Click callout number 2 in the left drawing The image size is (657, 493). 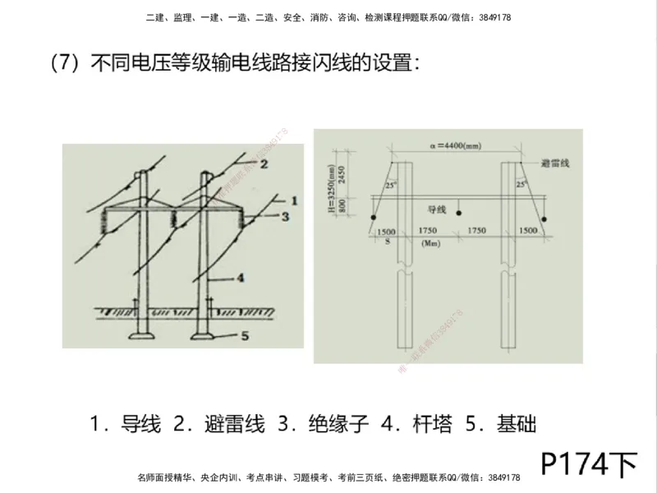(264, 163)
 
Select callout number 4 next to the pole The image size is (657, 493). (241, 278)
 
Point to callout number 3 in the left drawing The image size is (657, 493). (284, 217)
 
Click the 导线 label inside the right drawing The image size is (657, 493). (437, 210)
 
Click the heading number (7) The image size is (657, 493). (64, 64)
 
